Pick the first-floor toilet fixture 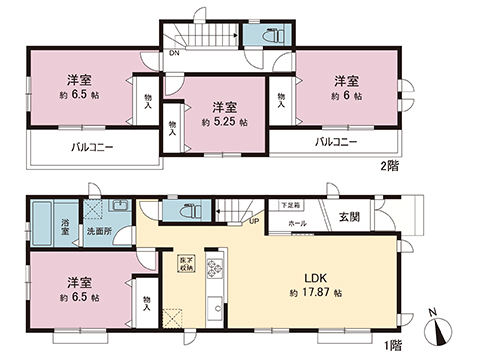click(x=187, y=213)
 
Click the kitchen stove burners click(x=213, y=268)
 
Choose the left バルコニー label click(x=91, y=146)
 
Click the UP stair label click(x=255, y=222)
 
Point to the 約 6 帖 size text click(x=346, y=97)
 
